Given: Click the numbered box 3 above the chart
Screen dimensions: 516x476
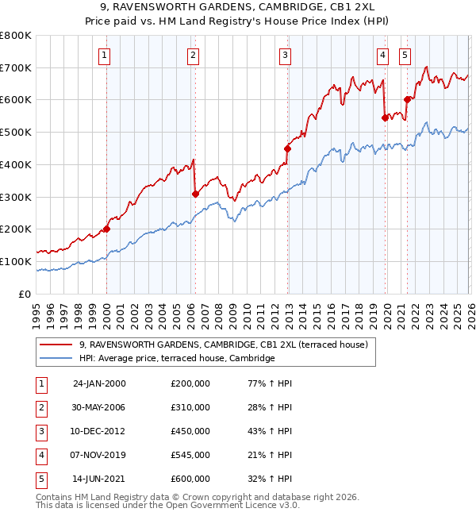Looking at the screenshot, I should tap(285, 55).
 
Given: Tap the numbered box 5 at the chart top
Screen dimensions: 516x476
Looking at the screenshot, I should tap(405, 55).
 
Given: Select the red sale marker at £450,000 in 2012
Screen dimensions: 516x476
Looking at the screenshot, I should tap(288, 148).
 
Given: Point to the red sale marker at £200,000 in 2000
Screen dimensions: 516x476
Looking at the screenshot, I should tap(107, 229).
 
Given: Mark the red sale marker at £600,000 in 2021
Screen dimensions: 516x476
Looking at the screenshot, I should tap(407, 99).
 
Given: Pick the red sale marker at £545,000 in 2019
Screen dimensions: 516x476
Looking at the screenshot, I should tap(385, 117).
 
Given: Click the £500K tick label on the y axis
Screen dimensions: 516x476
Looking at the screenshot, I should tap(16, 132).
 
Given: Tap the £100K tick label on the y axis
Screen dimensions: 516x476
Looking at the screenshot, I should tap(16, 261).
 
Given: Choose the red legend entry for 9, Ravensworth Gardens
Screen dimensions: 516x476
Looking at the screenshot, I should tap(223, 345).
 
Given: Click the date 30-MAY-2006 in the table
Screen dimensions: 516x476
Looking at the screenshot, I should tap(99, 407).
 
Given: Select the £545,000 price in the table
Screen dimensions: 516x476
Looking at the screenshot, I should tap(190, 455).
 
